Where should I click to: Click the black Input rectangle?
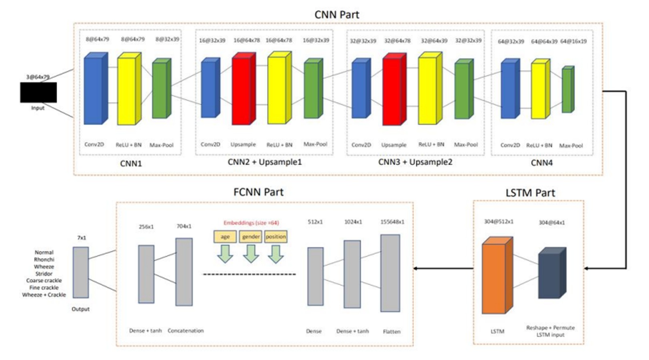(x=38, y=92)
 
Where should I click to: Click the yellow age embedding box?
(x=225, y=237)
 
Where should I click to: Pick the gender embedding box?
(x=251, y=237)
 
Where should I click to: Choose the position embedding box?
(x=276, y=237)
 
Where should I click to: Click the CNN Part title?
(x=337, y=15)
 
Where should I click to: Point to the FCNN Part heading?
(x=258, y=192)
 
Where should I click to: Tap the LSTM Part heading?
(x=530, y=193)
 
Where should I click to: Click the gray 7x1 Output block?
(x=81, y=272)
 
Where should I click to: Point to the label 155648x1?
(x=392, y=222)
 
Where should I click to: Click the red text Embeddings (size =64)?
(x=251, y=223)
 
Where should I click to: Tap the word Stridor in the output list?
(x=44, y=274)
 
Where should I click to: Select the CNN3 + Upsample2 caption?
(x=415, y=162)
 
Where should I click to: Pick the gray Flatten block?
(x=390, y=273)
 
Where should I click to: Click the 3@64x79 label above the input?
(x=38, y=77)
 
